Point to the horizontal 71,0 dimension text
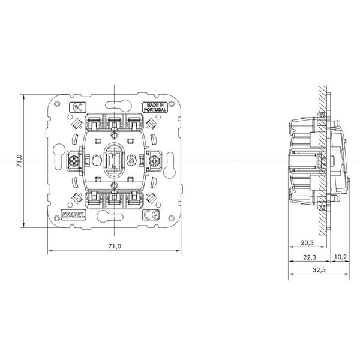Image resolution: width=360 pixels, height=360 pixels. pyautogui.click(x=113, y=247)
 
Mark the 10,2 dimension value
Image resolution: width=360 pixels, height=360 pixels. pyautogui.click(x=340, y=257)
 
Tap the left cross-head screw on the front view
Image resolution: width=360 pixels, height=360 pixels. pyautogui.click(x=74, y=161)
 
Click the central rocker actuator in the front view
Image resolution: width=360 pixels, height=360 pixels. pyautogui.click(x=113, y=161)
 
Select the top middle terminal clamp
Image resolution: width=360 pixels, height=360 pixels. pyautogui.click(x=113, y=124)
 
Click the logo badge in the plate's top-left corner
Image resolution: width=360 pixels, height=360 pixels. pyautogui.click(x=75, y=108)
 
